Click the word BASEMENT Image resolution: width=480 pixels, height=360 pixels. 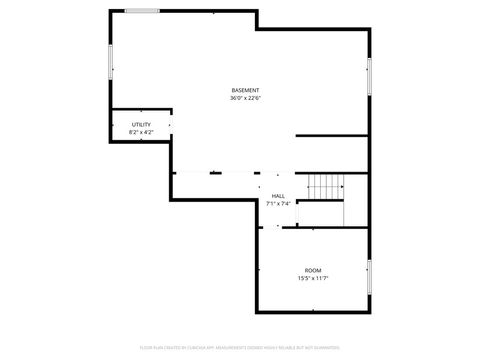(x=245, y=90)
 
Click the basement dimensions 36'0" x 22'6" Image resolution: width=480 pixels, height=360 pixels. (x=245, y=98)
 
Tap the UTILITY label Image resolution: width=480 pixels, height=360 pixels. (x=141, y=124)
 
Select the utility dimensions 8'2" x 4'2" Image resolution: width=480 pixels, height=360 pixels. (x=141, y=132)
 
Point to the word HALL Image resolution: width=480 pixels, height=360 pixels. (x=278, y=196)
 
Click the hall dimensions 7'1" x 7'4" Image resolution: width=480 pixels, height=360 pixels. (x=278, y=204)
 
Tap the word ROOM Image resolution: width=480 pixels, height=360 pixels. (x=313, y=270)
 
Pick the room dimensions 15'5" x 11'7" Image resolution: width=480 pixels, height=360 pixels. (x=313, y=278)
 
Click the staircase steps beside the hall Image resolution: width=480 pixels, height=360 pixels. (x=325, y=186)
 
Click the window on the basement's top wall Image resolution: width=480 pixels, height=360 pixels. (x=142, y=11)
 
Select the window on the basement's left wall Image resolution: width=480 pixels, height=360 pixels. (x=110, y=60)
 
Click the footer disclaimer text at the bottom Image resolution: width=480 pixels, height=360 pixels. (x=240, y=349)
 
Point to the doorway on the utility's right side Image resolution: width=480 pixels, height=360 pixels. (x=170, y=124)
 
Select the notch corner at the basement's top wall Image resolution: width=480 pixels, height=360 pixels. (x=256, y=28)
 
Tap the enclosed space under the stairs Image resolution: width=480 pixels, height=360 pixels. (x=320, y=213)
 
